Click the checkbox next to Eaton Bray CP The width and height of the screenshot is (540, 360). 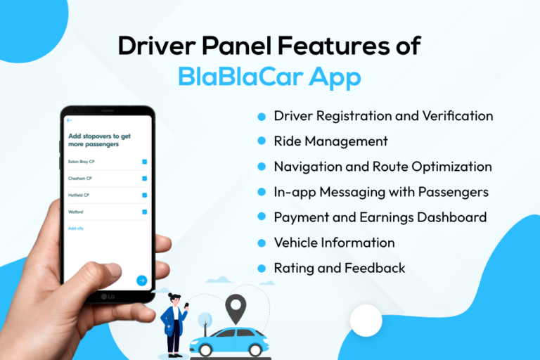tap(144, 162)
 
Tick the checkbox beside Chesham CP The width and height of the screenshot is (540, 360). tap(144, 179)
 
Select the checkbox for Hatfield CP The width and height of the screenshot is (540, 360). tap(144, 195)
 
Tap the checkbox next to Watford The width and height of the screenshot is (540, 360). tap(144, 212)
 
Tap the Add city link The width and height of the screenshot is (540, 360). tap(75, 229)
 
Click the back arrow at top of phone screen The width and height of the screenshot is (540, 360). tap(70, 120)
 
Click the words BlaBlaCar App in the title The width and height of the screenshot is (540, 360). tap(269, 76)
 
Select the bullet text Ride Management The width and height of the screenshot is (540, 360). tap(330, 141)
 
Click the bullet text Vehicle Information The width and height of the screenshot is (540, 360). tap(334, 243)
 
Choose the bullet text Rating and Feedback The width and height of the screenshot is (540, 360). tap(340, 268)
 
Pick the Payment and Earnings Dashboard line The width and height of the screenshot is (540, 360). tap(380, 217)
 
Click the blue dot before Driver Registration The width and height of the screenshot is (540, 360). tap(262, 117)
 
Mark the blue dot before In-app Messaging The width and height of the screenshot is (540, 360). tap(262, 193)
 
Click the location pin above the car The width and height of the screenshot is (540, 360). tap(236, 307)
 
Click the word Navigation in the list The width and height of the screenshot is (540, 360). tap(307, 167)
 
